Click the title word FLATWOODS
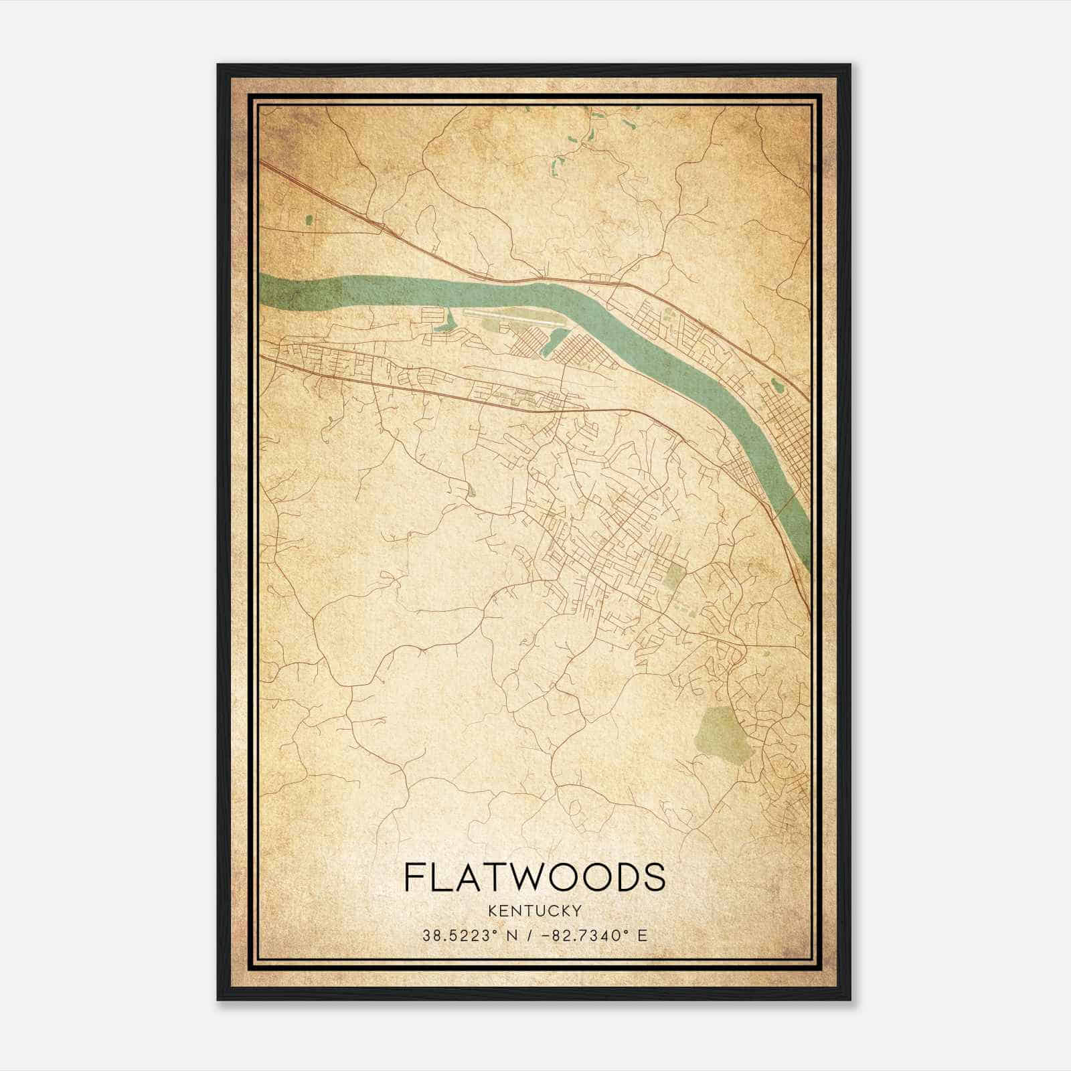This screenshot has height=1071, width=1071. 535,877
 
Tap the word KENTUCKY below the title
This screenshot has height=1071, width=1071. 535,911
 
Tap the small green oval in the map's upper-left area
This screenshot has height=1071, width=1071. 309,219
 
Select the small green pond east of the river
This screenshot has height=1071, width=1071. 777,386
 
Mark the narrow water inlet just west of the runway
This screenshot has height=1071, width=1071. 446,324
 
